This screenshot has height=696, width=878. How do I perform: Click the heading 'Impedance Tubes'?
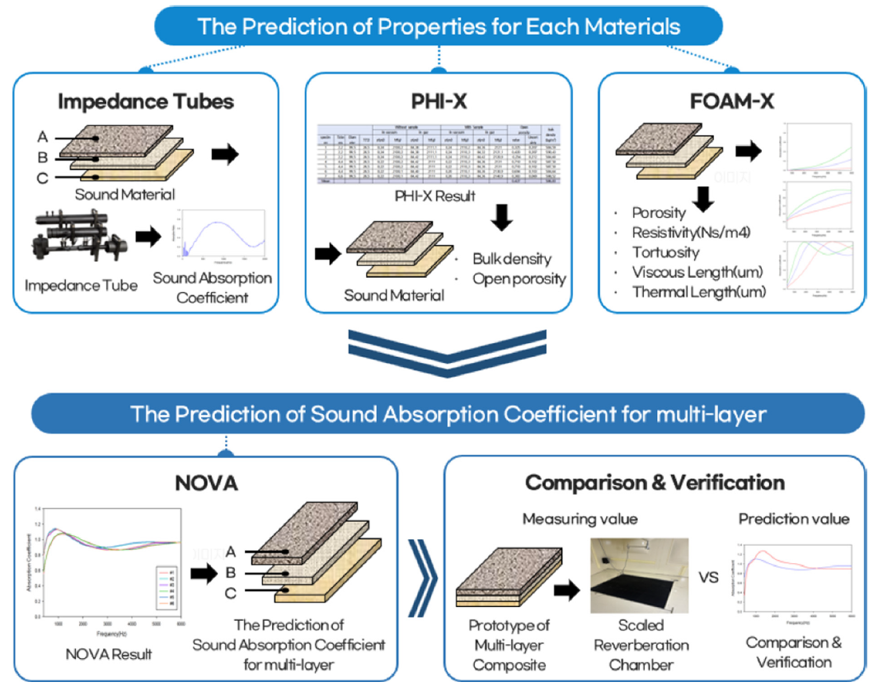[146, 102]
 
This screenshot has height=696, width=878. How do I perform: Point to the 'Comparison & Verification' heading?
[655, 483]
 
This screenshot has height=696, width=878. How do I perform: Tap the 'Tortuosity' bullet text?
[665, 252]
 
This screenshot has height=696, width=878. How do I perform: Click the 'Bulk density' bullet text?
[511, 260]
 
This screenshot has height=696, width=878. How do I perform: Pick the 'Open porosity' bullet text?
[519, 279]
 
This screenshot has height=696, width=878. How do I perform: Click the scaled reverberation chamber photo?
[640, 576]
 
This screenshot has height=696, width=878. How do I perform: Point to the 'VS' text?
[708, 577]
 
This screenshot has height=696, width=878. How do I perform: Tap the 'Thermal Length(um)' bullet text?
[698, 292]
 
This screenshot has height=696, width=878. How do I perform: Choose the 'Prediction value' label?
[793, 519]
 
